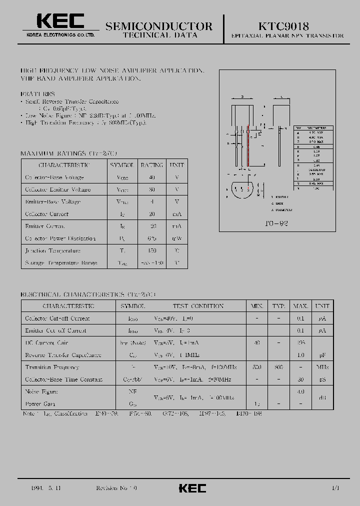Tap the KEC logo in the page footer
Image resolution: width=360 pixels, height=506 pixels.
[x=192, y=488]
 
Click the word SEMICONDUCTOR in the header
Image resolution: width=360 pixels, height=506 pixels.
[x=159, y=26]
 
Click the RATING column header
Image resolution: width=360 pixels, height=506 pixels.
[x=151, y=165]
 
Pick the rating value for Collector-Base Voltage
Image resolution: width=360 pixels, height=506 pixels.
[x=152, y=177]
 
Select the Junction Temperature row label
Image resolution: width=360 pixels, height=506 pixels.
[x=52, y=250]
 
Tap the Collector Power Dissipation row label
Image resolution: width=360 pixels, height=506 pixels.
[x=60, y=238]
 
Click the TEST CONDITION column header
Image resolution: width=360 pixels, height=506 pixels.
[x=198, y=306]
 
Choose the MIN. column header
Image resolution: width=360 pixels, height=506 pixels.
[x=256, y=306]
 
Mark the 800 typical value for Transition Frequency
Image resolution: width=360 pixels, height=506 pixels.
[x=278, y=367]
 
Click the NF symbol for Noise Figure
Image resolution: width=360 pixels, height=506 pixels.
[x=132, y=391]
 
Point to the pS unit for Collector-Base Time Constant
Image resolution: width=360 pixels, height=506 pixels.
[x=322, y=379]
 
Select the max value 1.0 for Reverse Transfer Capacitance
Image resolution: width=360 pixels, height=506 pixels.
[x=300, y=355]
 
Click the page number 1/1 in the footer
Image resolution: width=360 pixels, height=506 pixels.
[x=335, y=487]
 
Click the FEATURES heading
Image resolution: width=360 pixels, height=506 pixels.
[x=38, y=93]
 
